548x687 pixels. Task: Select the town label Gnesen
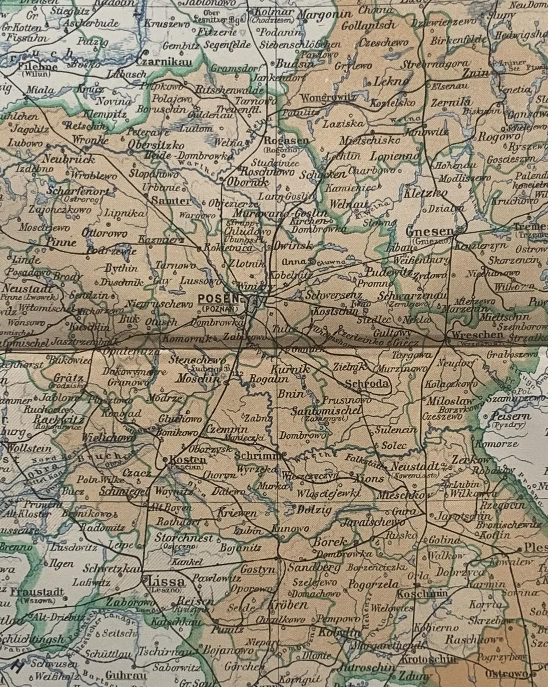(429, 232)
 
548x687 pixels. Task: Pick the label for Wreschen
(476, 334)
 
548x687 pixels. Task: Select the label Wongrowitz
(328, 98)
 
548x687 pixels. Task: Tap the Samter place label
(171, 201)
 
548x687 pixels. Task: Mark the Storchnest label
(184, 538)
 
